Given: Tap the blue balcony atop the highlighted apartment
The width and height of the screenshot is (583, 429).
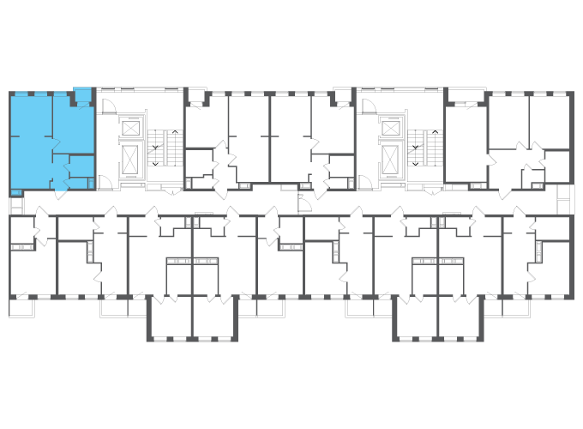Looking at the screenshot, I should coord(82,94).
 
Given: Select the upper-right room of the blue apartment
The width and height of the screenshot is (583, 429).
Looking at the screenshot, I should coord(72,124).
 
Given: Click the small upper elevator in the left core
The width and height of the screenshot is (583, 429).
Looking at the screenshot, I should coord(131,128).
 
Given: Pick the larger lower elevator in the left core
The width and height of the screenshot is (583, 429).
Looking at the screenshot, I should coord(131,159).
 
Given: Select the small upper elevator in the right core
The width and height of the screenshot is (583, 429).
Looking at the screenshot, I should coord(391,128).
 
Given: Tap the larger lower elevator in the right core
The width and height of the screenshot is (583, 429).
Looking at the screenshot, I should coord(391,159).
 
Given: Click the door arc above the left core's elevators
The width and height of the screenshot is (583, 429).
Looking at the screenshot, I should coord(109,106).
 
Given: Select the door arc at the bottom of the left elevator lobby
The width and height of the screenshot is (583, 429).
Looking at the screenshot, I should coord(104,181).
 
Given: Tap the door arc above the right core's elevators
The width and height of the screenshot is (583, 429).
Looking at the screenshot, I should coord(369,106).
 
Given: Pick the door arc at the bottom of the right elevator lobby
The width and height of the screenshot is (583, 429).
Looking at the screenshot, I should coord(364,181).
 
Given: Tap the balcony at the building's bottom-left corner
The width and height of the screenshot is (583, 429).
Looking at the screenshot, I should coord(21,306).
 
